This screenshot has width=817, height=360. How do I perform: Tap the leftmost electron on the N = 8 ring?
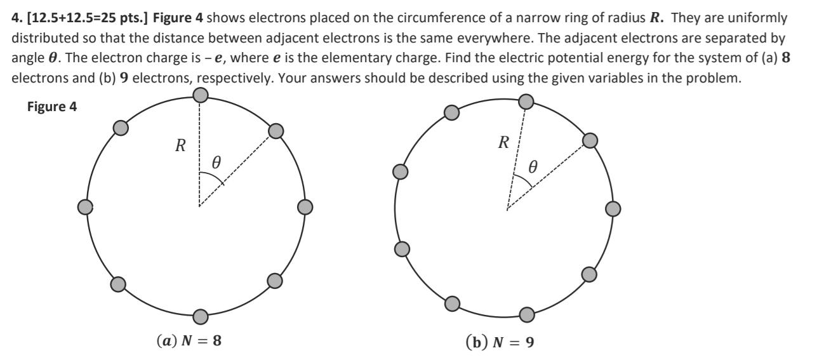[85, 207]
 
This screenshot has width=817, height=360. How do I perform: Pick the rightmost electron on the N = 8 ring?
[305, 207]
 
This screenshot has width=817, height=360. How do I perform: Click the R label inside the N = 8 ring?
[180, 146]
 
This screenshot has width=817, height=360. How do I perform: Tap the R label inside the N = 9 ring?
[503, 142]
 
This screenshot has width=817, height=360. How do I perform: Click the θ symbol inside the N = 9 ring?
[533, 167]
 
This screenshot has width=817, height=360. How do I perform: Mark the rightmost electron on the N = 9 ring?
[613, 208]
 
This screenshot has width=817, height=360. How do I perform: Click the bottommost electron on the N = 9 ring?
[526, 314]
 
